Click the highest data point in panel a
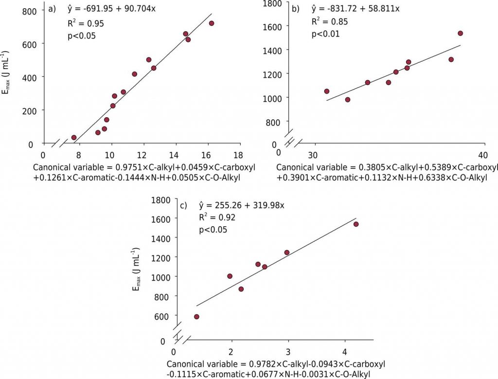(x=211, y=23)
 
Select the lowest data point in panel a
(x=74, y=138)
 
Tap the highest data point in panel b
(x=460, y=34)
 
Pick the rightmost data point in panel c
(x=356, y=224)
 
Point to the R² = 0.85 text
(x=329, y=21)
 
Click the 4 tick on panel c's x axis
(x=345, y=352)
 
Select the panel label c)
(x=184, y=205)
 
